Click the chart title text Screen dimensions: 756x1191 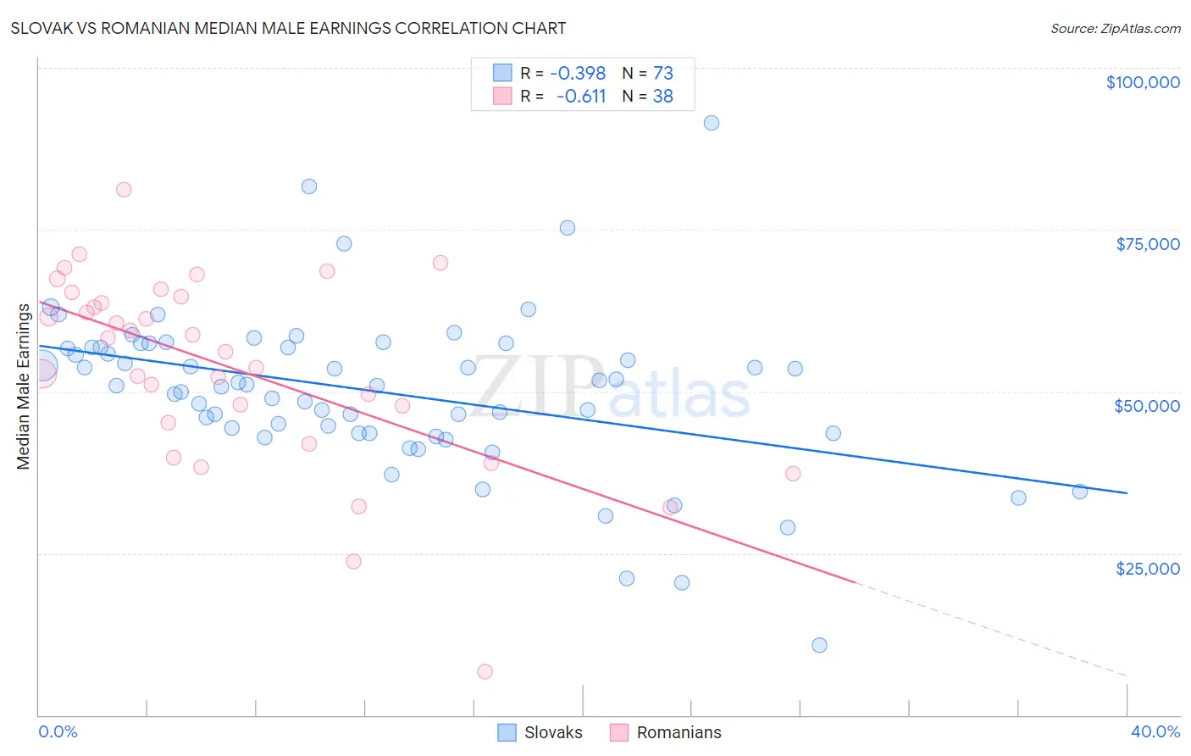288,28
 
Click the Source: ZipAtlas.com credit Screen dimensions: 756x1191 1115,28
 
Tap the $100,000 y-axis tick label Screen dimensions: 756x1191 1142,82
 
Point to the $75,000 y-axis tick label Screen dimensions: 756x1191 1147,244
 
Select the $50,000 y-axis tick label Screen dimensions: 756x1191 1146,406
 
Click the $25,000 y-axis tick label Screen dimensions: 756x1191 1147,568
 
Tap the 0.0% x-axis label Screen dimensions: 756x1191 58,731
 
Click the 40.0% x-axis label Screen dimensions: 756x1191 1155,731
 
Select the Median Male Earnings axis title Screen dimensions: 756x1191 24,386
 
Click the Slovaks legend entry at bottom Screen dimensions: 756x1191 552,732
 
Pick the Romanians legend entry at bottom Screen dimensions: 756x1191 678,732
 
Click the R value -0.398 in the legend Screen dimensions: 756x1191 578,74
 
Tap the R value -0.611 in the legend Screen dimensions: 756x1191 581,97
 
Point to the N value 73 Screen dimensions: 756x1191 662,74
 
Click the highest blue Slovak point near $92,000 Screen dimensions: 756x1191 712,123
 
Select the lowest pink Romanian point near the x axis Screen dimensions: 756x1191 485,671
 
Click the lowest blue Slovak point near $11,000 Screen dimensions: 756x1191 819,645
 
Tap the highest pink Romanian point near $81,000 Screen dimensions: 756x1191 124,190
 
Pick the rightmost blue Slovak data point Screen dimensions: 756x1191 1079,492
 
